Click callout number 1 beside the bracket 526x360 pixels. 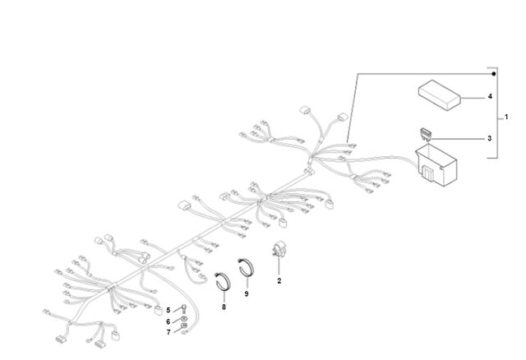pyautogui.click(x=506, y=117)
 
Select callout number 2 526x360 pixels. pyautogui.click(x=279, y=281)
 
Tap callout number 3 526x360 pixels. pyautogui.click(x=490, y=138)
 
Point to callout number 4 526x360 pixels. pyautogui.click(x=490, y=97)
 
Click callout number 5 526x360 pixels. pyautogui.click(x=168, y=310)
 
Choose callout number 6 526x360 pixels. pyautogui.click(x=168, y=321)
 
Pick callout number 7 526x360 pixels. pyautogui.click(x=168, y=332)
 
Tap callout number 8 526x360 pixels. pyautogui.click(x=224, y=307)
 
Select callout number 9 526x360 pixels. pyautogui.click(x=247, y=294)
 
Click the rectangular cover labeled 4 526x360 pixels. pyautogui.click(x=439, y=95)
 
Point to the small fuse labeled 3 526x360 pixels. pyautogui.click(x=426, y=134)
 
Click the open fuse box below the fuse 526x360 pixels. pyautogui.click(x=436, y=165)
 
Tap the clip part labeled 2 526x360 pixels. pyautogui.click(x=278, y=250)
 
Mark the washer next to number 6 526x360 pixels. pyautogui.click(x=183, y=318)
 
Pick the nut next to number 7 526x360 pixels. pyautogui.click(x=183, y=325)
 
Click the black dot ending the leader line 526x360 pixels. pyautogui.click(x=493, y=74)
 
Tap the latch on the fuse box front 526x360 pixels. pyautogui.click(x=427, y=173)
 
